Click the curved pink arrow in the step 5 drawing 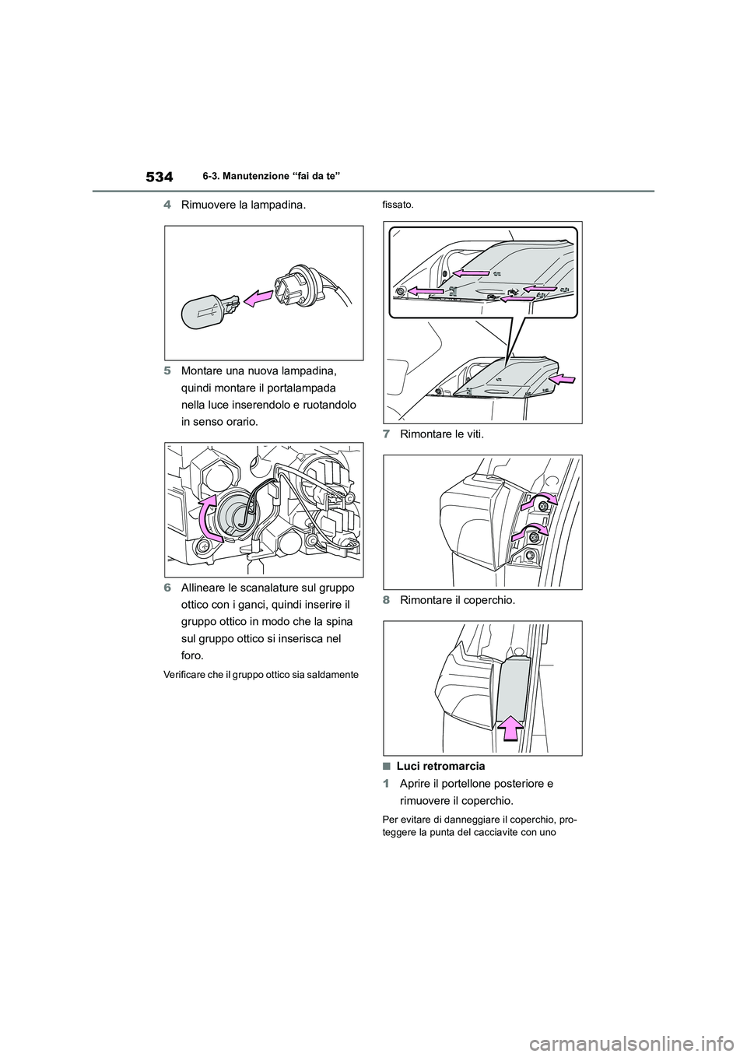[x=209, y=514]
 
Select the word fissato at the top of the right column [x=396, y=205]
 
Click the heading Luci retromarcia [x=440, y=766]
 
